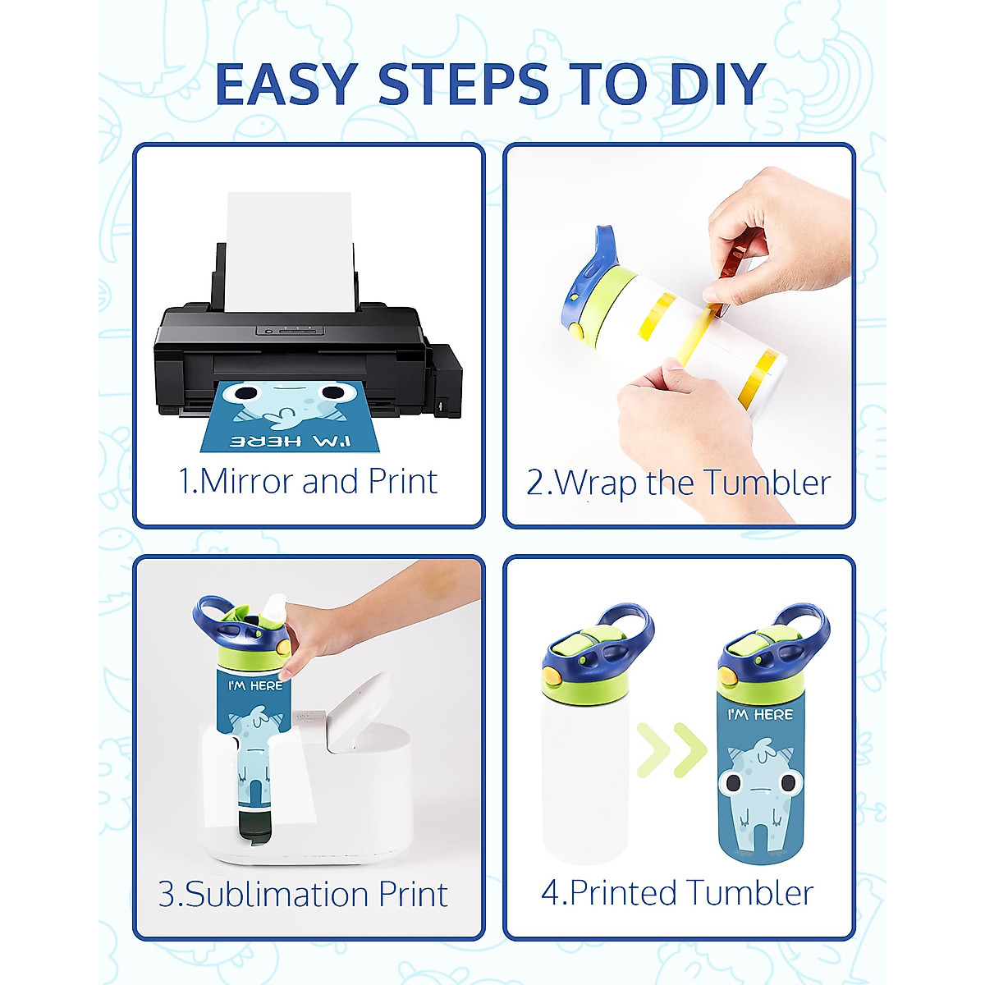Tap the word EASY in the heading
[x=286, y=84]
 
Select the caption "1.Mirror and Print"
[x=308, y=482]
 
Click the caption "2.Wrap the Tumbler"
[x=678, y=483]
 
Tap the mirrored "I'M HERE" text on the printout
[x=290, y=441]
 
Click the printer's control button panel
[x=289, y=330]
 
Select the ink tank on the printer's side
[x=445, y=378]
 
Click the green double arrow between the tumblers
[x=672, y=750]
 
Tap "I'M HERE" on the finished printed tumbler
[x=760, y=714]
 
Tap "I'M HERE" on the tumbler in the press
[x=255, y=685]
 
